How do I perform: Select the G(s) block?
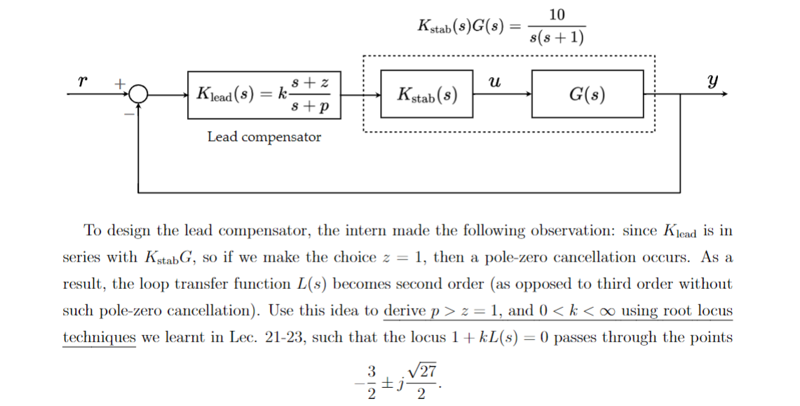588,94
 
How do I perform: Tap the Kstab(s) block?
427,94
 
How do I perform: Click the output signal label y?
713,80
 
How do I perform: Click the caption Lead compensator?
264,137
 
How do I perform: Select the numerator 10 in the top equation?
558,15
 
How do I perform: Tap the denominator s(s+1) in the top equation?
557,37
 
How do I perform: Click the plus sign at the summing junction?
120,83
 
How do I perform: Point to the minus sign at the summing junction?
128,110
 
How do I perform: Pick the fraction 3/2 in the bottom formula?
372,381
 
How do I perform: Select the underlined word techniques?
100,337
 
